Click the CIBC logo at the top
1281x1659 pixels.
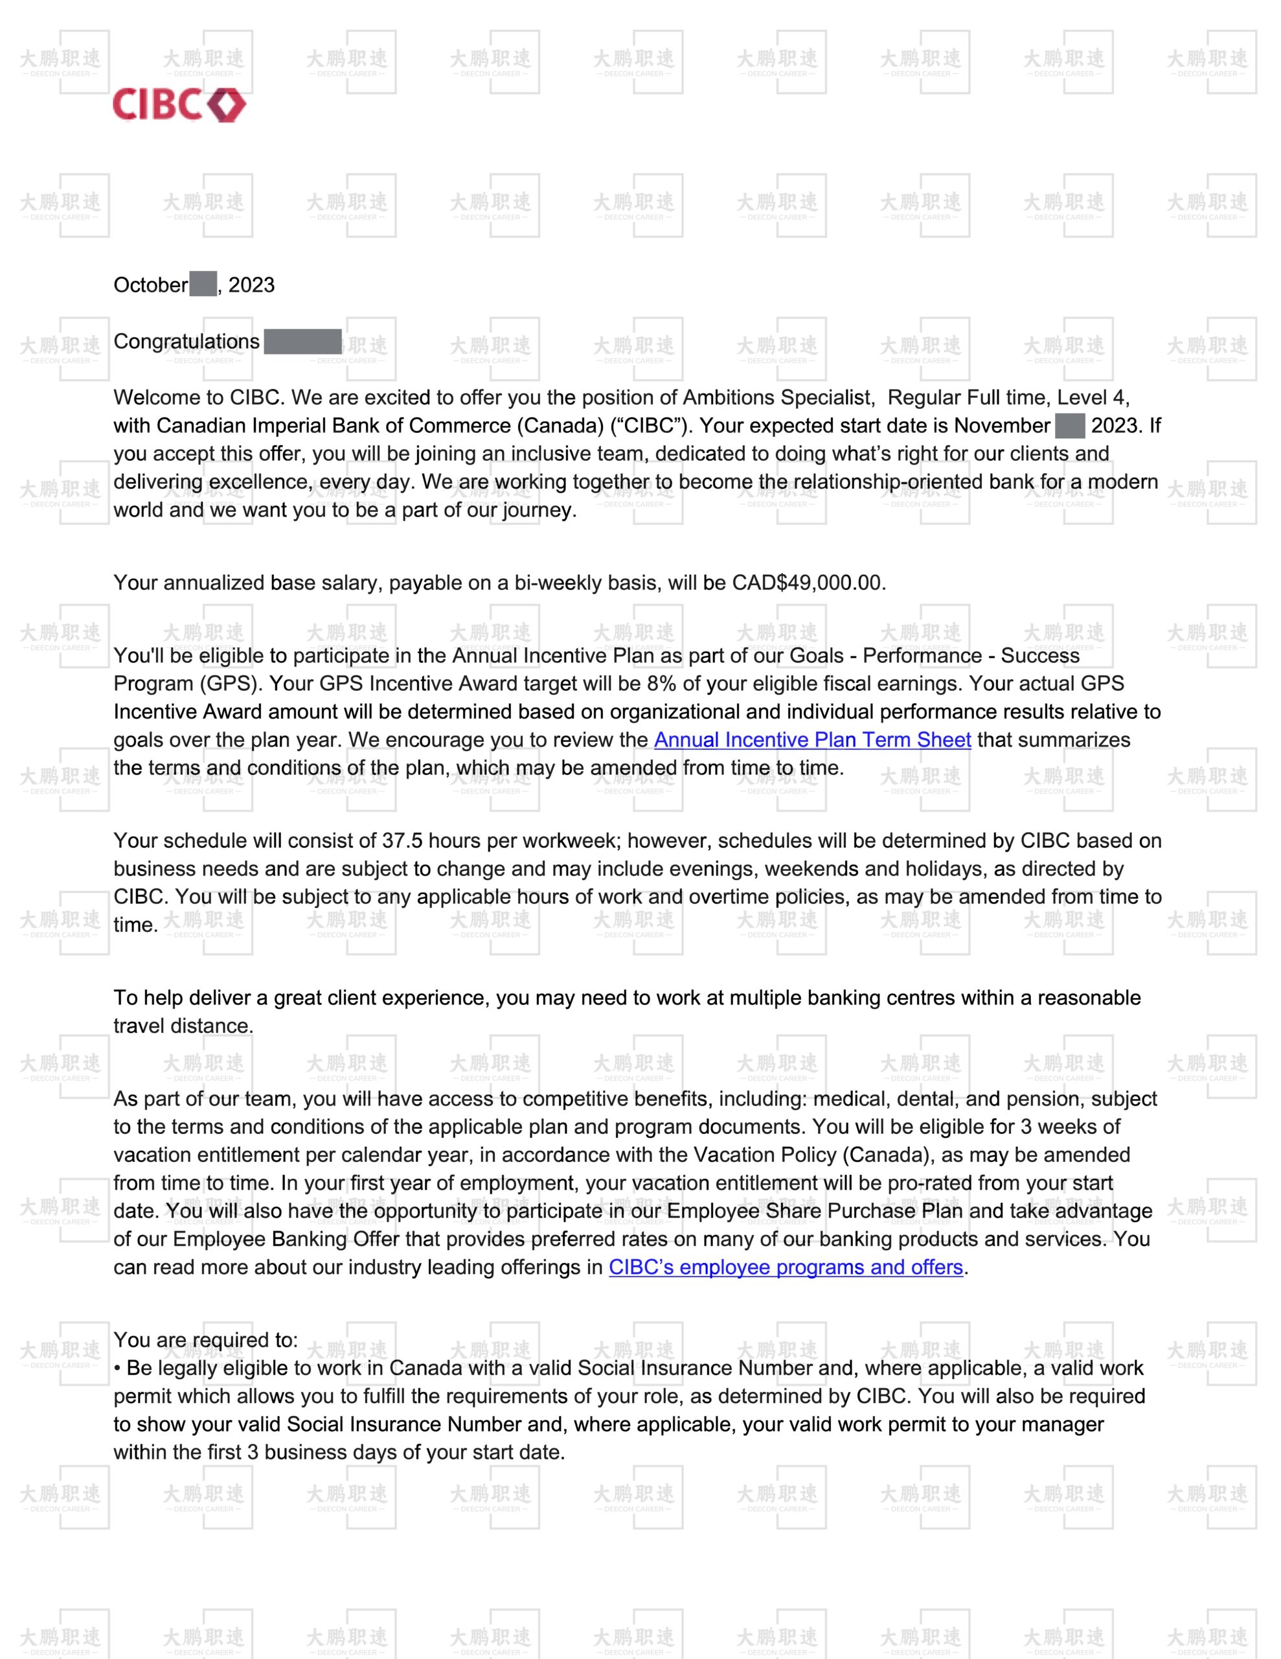point(179,105)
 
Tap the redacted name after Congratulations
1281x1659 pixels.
point(302,342)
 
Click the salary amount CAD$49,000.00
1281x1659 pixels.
point(808,583)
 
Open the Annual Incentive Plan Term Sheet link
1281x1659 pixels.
point(813,740)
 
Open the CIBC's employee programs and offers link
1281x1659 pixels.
point(786,1267)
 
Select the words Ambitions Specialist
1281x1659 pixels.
point(777,397)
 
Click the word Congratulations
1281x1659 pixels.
point(186,342)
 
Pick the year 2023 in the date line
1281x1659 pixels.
point(251,285)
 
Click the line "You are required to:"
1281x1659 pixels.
point(206,1340)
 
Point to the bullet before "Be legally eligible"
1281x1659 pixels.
point(118,1369)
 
